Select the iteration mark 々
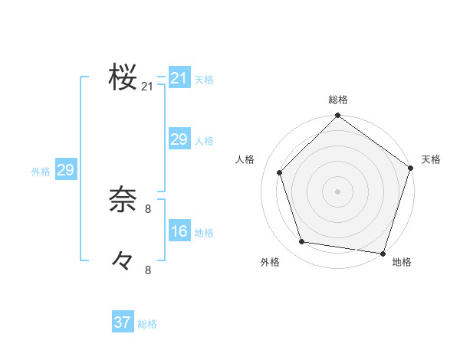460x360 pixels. pos(123,260)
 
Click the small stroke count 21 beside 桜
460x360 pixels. pos(147,87)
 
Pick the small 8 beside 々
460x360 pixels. pos(148,270)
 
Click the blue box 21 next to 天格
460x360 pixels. pos(179,78)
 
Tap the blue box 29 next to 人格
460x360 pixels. pos(179,139)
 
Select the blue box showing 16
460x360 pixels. pos(179,231)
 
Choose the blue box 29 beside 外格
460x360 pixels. pos(65,170)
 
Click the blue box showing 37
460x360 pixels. pos(122,322)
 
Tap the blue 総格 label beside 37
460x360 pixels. pos(147,324)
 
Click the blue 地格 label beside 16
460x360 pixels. pos(204,233)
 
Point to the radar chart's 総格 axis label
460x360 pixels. pos(337,100)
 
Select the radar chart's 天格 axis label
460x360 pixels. pos(431,159)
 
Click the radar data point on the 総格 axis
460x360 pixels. pos(337,116)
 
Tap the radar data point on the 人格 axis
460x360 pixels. pos(280,172)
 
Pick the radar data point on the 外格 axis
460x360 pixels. pos(302,242)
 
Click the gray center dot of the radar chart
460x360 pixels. pos(337,191)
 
